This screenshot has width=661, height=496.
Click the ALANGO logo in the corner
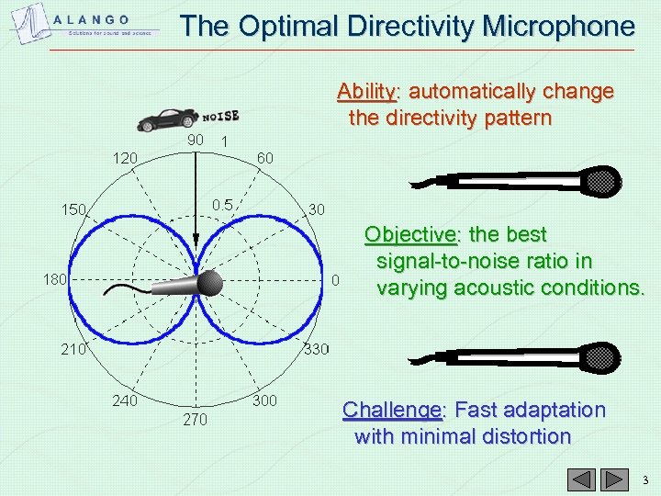(x=87, y=23)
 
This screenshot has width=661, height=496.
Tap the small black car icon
(x=167, y=118)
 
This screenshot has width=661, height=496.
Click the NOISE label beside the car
(x=220, y=116)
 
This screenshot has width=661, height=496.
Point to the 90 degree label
(x=195, y=141)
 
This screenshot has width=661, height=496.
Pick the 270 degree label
(x=195, y=420)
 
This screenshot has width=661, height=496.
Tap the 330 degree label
(x=318, y=349)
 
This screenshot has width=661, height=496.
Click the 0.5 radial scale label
(x=221, y=203)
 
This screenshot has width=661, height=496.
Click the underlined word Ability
(x=366, y=92)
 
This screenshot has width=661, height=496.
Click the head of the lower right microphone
(x=603, y=356)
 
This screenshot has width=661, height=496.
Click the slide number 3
(x=644, y=479)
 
